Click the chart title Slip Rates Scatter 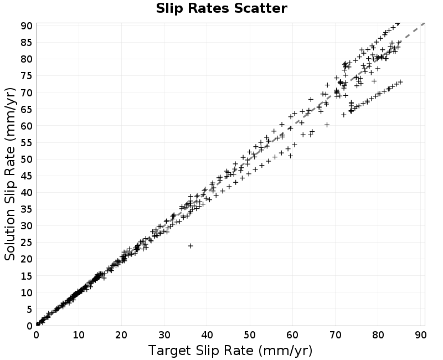point(221,8)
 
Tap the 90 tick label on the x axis point(420,335)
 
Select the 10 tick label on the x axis point(79,335)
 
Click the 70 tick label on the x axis point(335,335)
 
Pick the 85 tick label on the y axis point(27,43)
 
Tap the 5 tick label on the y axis point(30,310)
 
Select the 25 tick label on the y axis point(27,243)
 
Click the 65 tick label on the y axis point(27,109)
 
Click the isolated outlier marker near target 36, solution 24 point(190,246)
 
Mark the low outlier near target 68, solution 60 point(327,125)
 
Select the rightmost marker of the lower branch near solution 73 point(400,82)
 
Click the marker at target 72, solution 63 point(343,115)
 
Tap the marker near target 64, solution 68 point(311,100)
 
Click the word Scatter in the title point(260,8)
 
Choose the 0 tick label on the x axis point(37,335)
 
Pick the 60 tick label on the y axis point(27,126)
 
